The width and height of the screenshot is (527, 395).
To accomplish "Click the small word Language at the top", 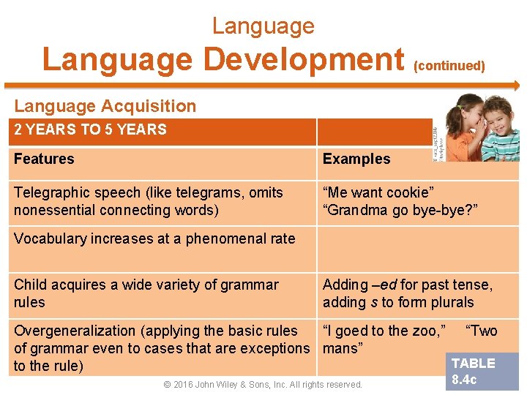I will tap(263, 26).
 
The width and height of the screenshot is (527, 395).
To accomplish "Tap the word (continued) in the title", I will tap(449, 66).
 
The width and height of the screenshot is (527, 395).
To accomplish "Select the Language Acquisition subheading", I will tap(105, 106).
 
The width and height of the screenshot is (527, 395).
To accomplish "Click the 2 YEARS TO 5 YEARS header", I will tap(90, 130).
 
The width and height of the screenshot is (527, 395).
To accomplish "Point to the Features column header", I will tap(44, 159).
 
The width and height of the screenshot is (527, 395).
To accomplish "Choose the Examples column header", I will tap(356, 159).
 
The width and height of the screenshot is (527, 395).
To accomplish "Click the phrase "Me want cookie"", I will tap(378, 192).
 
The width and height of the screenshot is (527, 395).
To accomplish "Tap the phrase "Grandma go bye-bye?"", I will tap(400, 211).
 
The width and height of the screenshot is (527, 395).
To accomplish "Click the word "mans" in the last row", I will tap(343, 348).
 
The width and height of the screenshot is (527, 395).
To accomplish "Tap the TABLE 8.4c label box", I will tap(474, 372).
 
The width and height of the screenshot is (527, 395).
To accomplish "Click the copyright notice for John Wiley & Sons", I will tap(263, 385).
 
